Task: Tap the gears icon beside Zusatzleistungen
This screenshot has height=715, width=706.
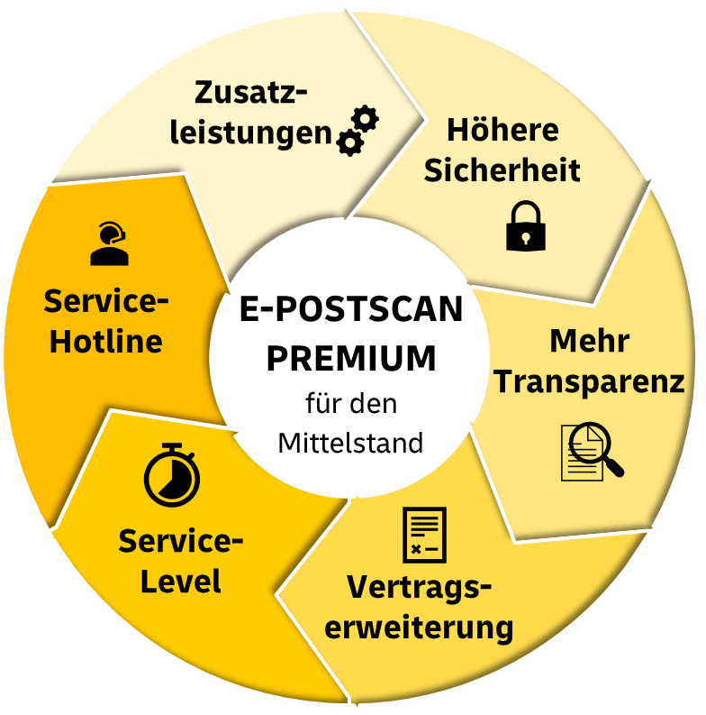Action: tap(358, 131)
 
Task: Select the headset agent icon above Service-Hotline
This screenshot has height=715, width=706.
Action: tap(109, 243)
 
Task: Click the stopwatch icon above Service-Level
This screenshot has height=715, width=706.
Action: tap(171, 472)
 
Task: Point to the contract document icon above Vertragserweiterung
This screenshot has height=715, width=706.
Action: tap(423, 535)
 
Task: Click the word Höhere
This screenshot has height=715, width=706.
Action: tap(502, 130)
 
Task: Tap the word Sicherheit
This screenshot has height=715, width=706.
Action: tap(502, 170)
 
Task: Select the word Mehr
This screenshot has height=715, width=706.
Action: tap(589, 342)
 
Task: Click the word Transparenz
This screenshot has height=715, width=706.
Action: tap(590, 381)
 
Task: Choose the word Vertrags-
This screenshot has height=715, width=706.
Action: tap(420, 586)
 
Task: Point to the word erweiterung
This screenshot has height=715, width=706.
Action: tap(420, 626)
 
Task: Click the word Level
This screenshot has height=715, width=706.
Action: tap(181, 582)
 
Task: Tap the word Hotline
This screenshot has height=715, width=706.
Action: tap(105, 342)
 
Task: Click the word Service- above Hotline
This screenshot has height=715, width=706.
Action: tap(106, 301)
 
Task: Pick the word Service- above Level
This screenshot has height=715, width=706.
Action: tap(181, 542)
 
